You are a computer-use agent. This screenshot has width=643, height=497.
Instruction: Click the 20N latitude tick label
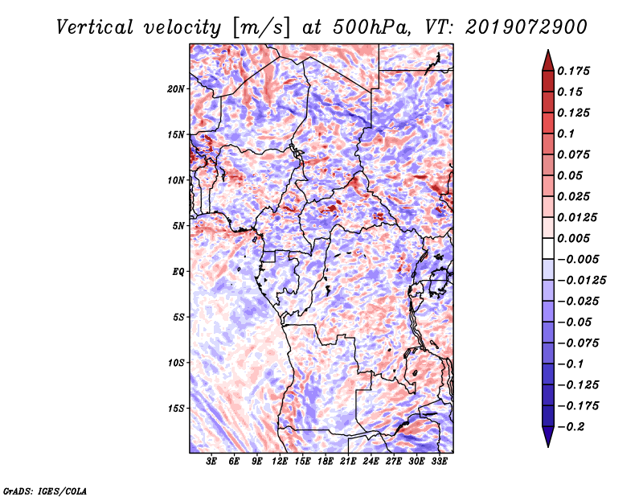176,89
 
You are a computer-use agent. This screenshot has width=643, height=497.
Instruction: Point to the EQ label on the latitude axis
178,272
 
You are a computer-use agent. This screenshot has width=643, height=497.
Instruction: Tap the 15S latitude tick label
176,409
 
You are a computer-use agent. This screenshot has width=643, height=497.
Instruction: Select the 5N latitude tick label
178,226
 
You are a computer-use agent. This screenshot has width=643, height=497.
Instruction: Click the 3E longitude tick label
211,462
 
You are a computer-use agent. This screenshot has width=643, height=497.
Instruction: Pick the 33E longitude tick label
439,462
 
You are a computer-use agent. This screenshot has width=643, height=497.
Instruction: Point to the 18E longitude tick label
326,462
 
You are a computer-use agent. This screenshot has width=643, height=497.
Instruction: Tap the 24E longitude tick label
371,462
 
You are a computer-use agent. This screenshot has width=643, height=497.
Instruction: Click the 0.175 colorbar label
573,71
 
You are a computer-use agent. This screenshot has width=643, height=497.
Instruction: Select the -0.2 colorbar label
571,427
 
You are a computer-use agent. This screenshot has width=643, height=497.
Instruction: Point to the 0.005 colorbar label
573,238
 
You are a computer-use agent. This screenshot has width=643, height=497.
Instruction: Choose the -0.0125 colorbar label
581,281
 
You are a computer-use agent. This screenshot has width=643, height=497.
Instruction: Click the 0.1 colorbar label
566,133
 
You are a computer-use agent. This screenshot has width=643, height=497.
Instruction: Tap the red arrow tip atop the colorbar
548,50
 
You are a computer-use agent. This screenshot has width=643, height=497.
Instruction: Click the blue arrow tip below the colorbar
548,446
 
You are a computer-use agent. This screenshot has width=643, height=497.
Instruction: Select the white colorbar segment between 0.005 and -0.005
548,249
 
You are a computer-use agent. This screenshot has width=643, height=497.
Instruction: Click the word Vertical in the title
95,27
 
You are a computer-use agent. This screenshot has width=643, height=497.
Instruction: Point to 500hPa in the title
371,27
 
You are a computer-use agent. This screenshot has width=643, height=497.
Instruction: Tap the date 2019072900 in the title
526,27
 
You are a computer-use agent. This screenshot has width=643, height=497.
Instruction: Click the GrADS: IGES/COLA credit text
45,491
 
